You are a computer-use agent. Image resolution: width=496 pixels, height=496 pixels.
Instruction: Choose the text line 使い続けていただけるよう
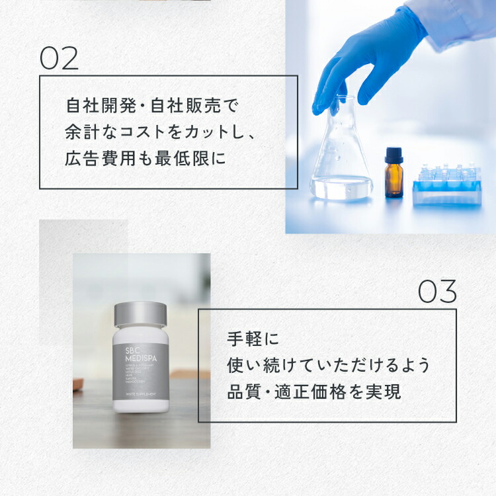coord(328,365)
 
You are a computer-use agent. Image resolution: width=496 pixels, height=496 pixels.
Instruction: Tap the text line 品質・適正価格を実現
coord(313,392)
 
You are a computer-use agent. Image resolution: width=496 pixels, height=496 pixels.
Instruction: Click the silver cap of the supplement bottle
coord(140,314)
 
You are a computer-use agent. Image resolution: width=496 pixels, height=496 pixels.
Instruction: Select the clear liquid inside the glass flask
coord(341,185)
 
